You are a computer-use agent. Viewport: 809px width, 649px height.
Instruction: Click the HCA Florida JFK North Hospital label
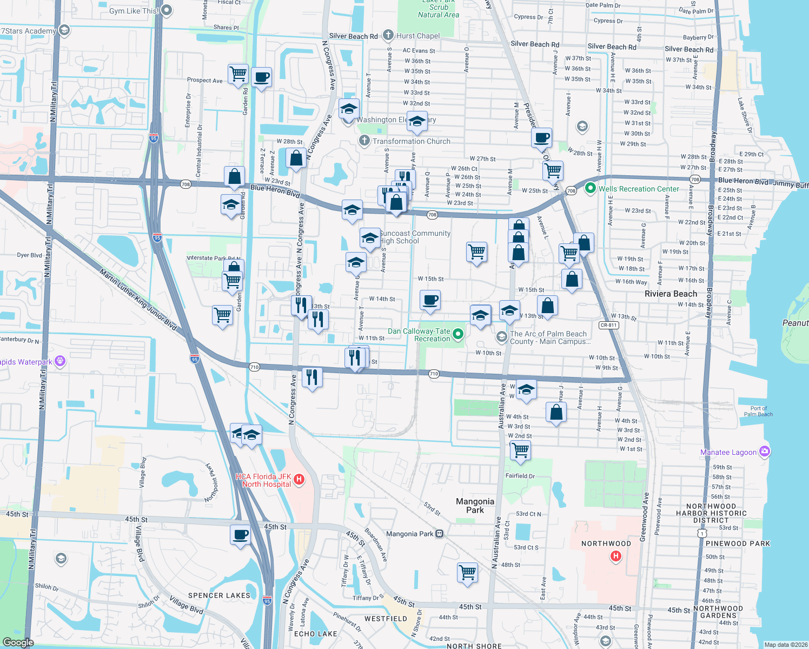pyautogui.click(x=263, y=480)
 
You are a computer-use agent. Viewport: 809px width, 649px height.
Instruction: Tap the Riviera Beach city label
pyautogui.click(x=671, y=294)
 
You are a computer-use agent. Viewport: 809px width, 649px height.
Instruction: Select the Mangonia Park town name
pyautogui.click(x=475, y=506)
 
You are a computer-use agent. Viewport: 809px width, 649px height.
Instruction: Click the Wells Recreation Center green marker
pyautogui.click(x=591, y=188)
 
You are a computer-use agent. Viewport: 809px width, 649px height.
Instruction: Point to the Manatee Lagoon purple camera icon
pyautogui.click(x=764, y=451)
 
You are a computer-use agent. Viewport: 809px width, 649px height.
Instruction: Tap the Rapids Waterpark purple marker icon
pyautogui.click(x=60, y=361)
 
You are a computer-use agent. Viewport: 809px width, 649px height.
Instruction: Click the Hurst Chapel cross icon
pyautogui.click(x=388, y=35)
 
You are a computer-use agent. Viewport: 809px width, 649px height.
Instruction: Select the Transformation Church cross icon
pyautogui.click(x=364, y=141)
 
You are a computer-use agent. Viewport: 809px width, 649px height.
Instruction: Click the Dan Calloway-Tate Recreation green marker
pyautogui.click(x=458, y=334)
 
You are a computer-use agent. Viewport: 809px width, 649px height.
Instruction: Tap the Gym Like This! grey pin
pyautogui.click(x=167, y=10)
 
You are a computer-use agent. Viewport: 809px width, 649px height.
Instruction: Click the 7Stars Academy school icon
pyautogui.click(x=64, y=30)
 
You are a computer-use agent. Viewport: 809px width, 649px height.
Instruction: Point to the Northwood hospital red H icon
pyautogui.click(x=615, y=555)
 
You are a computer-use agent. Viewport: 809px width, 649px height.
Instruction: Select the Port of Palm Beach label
pyautogui.click(x=758, y=411)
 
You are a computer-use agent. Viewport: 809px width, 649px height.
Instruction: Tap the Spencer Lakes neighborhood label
pyautogui.click(x=219, y=595)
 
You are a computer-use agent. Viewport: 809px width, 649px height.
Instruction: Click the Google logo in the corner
pyautogui.click(x=18, y=642)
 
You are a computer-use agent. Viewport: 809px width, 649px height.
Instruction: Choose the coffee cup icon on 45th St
pyautogui.click(x=241, y=535)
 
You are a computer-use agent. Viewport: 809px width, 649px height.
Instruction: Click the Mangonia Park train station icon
pyautogui.click(x=439, y=533)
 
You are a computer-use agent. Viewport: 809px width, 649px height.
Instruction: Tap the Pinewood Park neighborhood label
pyautogui.click(x=738, y=544)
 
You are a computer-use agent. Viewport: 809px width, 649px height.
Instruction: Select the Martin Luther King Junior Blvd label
pyautogui.click(x=138, y=300)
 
